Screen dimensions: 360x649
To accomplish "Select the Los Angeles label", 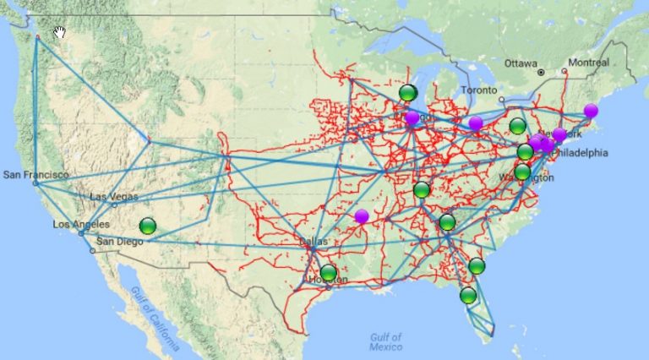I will coord(80,224).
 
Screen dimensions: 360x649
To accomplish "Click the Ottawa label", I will coord(521,63).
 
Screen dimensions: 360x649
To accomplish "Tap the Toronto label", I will coord(479,90).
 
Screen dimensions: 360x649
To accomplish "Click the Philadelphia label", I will coord(581,153).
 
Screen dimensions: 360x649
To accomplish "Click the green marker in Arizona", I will coord(148,226).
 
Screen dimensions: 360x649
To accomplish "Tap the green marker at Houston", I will coord(328,273).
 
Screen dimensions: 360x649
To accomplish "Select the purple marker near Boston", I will coord(591,111).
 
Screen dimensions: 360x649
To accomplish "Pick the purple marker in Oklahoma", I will coord(362,216).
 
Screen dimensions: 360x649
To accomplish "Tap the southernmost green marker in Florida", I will coord(468,295).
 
